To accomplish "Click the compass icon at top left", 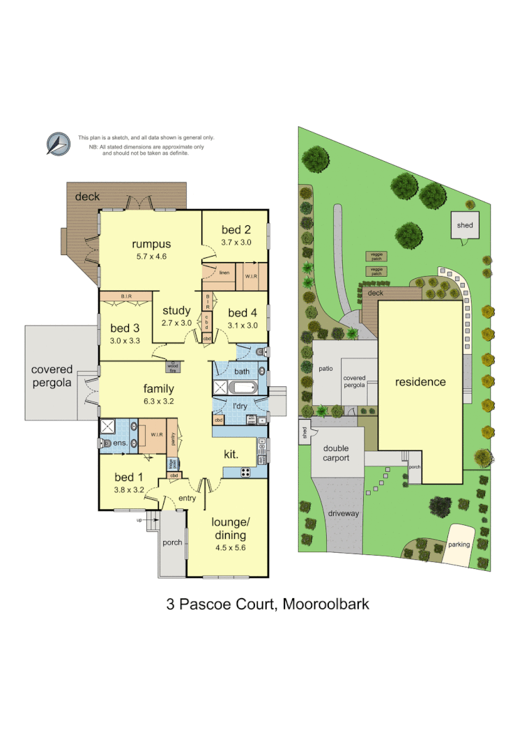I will tap(59, 143).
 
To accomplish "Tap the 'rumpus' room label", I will tap(151, 244).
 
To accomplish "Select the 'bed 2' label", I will tap(236, 230).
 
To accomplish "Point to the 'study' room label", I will tap(176, 311).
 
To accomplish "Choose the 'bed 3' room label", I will tap(125, 328).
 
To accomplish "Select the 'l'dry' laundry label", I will tap(240, 406).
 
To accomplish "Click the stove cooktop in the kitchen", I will tap(246, 472).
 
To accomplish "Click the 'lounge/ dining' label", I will tap(230, 529).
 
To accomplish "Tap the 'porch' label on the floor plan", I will tap(172, 542).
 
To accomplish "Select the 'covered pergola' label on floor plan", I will tap(51, 375).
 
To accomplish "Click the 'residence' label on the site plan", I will tap(420, 381).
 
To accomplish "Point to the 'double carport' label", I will tap(335, 453).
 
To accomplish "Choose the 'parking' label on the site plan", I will tap(459, 544).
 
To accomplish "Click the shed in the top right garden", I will tap(464, 225).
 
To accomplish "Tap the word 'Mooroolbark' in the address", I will tap(325, 604).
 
